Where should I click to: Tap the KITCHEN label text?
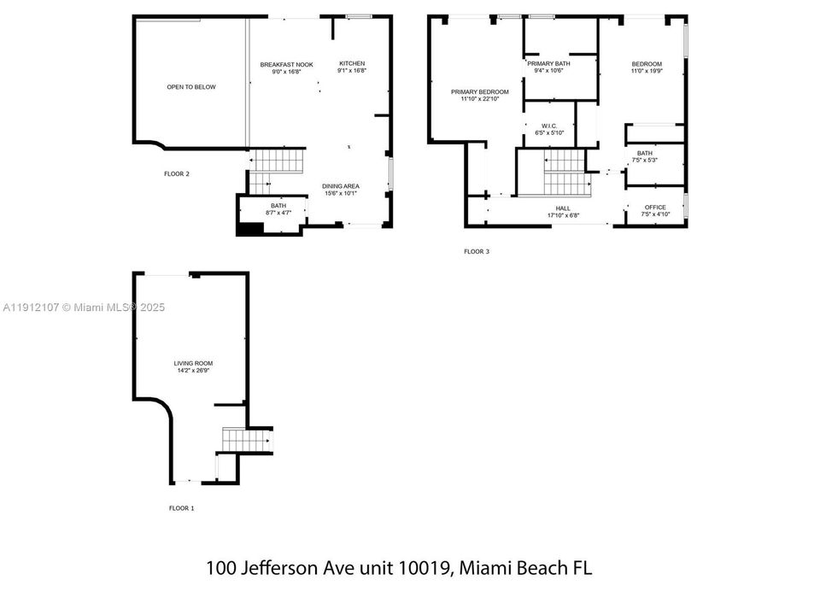[x=352, y=64]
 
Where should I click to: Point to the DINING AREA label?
[x=340, y=186]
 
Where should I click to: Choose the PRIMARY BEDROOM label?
[x=479, y=92]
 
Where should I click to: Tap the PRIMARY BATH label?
[x=548, y=64]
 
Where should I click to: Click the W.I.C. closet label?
[x=548, y=126]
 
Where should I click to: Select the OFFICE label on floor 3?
[x=655, y=208]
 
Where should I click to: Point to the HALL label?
[x=563, y=208]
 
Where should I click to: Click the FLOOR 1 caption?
[x=181, y=508]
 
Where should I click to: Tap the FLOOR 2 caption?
[x=177, y=174]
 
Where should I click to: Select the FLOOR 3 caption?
[x=477, y=252]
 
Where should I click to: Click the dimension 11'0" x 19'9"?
[x=647, y=72]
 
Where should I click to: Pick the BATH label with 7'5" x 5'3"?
[x=644, y=153]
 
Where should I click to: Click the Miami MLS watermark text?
[x=85, y=307]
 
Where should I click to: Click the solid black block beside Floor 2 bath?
[x=249, y=228]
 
